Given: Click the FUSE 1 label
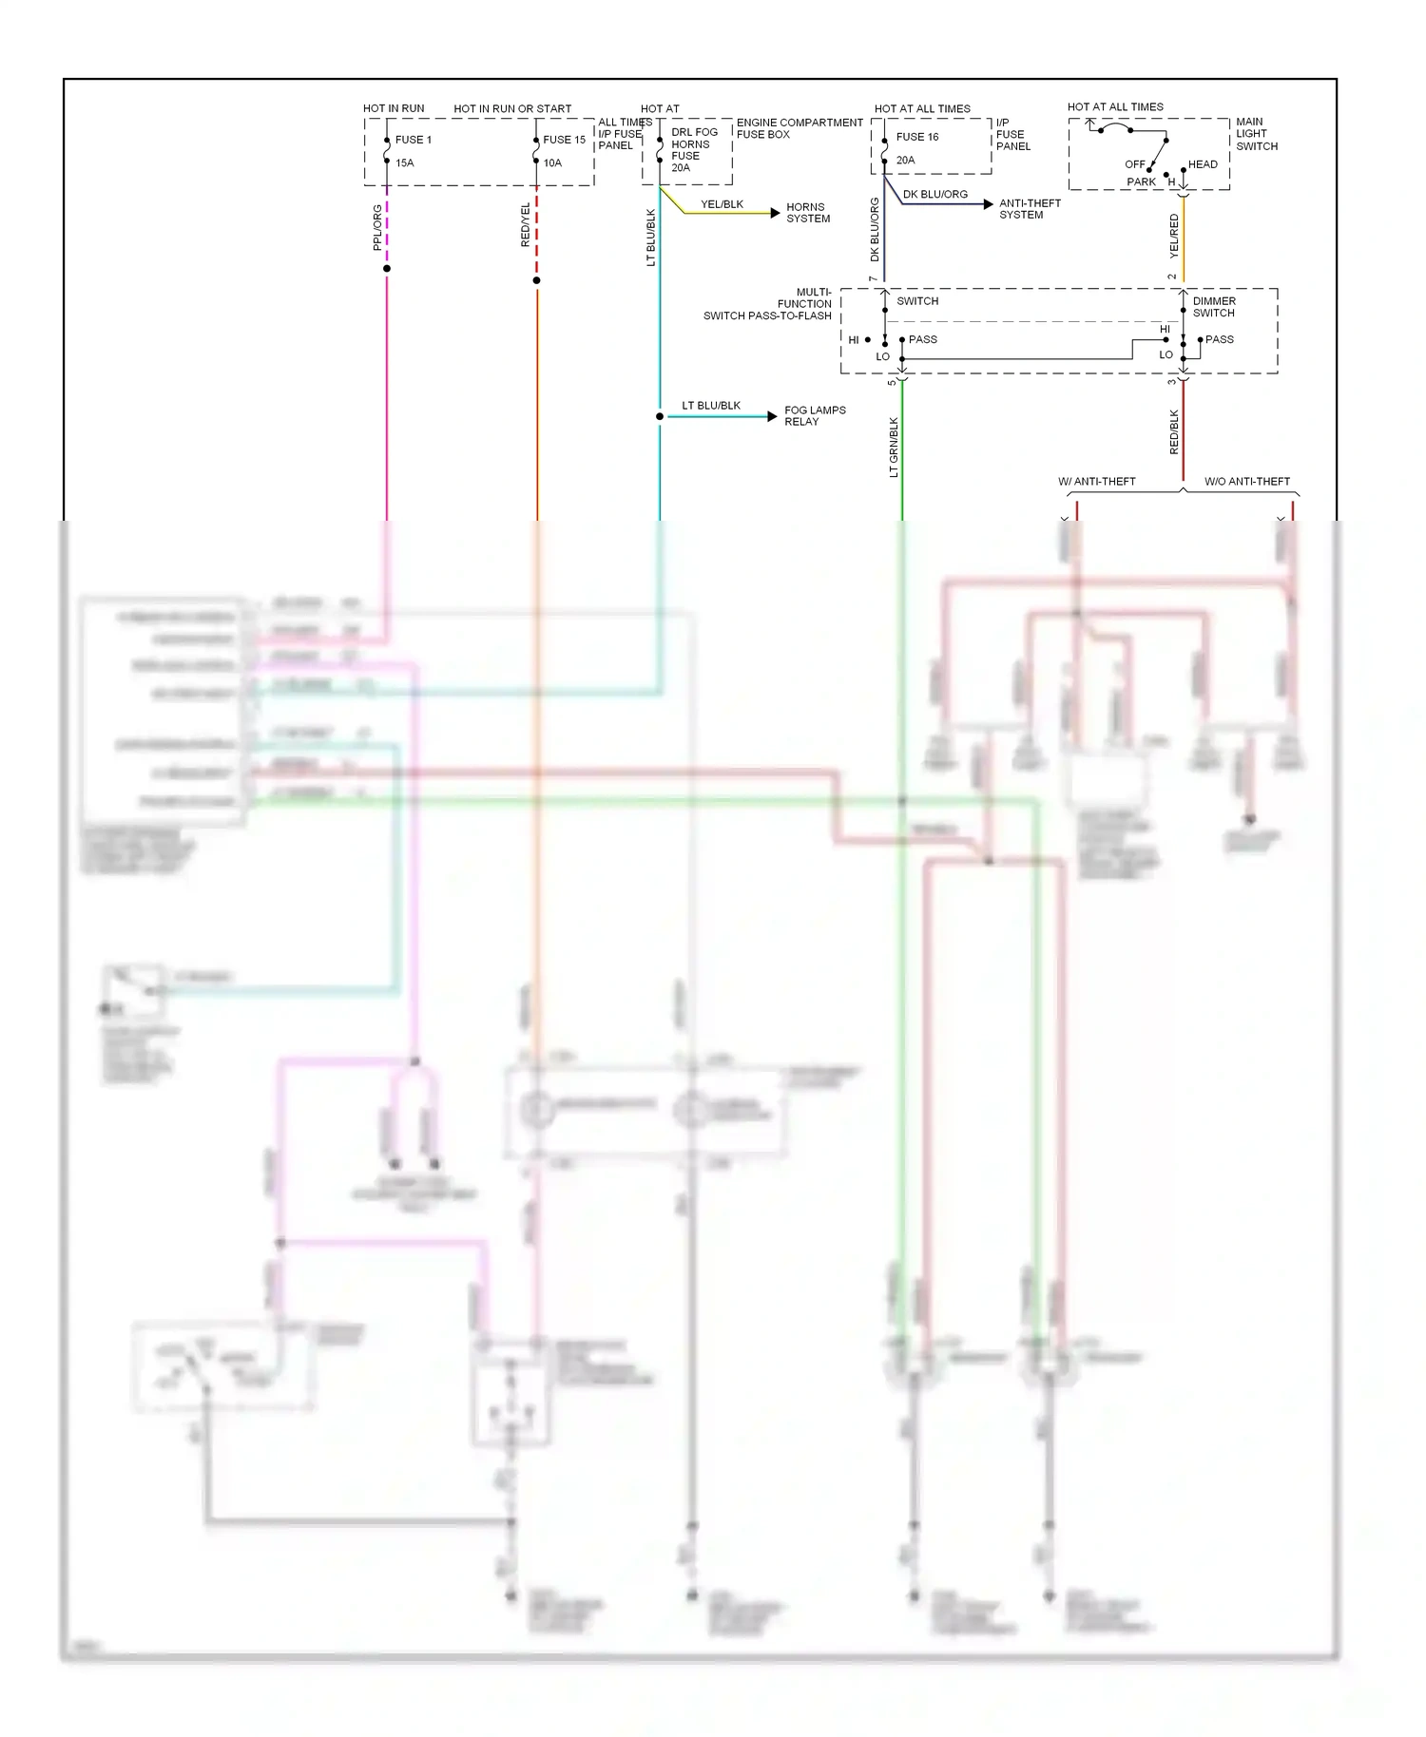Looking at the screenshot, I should coord(413,140).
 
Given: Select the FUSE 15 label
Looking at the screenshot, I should coord(564,140).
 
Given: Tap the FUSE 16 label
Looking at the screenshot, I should coord(916,137).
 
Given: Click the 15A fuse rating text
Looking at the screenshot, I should coord(405,163).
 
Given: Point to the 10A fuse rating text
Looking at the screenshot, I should coord(552,163).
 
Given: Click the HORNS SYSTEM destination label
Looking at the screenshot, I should coord(808,213).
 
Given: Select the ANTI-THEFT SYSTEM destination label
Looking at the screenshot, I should coord(1030,209).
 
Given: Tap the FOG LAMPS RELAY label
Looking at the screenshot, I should coord(815,416).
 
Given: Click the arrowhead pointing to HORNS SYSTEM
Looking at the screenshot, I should coord(775,213).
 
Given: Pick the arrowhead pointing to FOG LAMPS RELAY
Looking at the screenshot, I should coord(772,416).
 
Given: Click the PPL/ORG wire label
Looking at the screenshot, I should coord(377,227).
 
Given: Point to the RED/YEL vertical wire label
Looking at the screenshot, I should coord(526,225).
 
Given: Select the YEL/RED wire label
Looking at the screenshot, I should coord(1174,236).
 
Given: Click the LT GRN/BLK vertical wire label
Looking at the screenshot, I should coord(894,448).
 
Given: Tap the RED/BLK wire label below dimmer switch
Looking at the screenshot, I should coord(1174,431).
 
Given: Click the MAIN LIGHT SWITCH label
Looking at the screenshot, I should coord(1256,134).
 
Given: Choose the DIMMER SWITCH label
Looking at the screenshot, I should coord(1214,307).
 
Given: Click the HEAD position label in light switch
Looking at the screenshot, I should coord(1203,164).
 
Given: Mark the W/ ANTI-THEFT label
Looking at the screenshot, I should coord(1097,482).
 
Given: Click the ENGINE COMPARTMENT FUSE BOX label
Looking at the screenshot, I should coord(799,128).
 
